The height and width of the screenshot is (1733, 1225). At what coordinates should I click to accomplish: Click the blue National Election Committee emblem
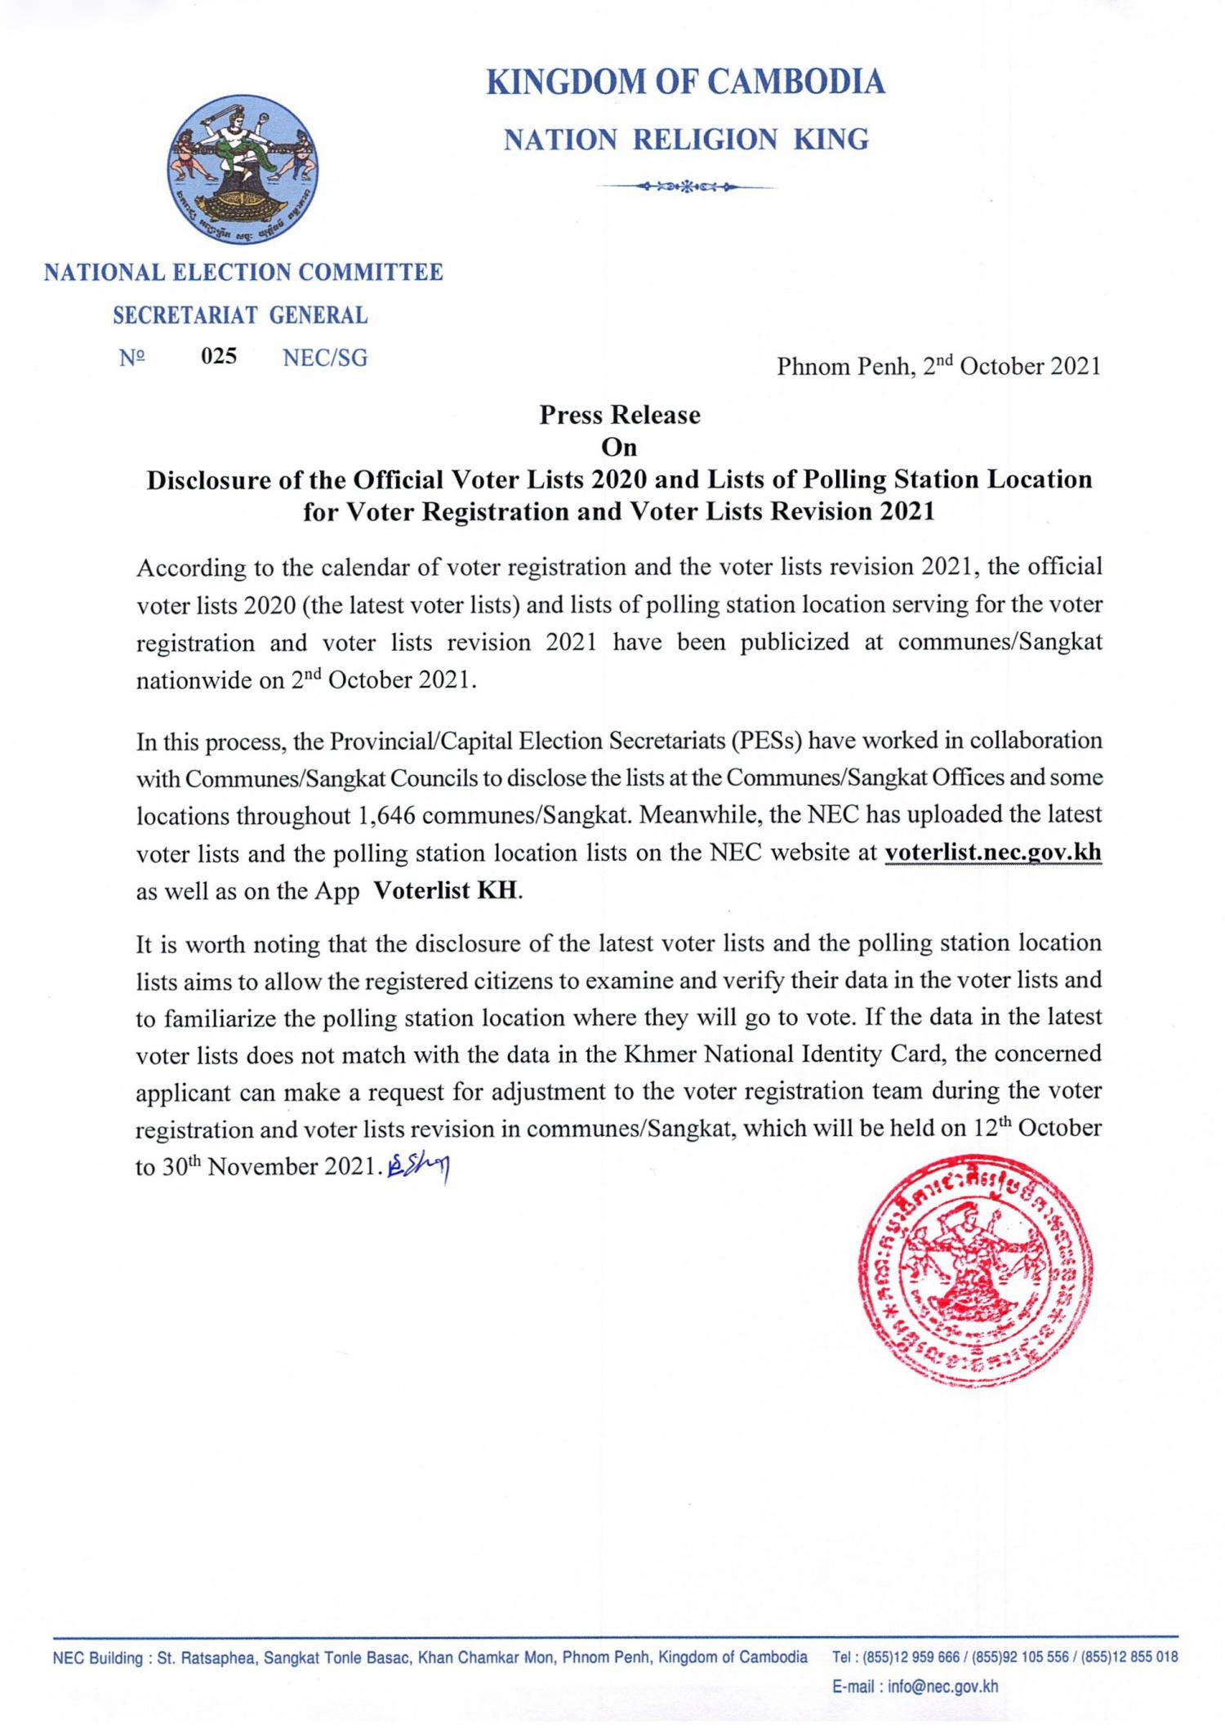243,171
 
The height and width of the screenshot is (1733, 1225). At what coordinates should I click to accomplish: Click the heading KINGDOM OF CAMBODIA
685,82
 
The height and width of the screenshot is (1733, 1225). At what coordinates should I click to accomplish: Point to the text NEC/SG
324,357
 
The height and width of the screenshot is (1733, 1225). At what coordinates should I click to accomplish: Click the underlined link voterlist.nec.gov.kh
993,853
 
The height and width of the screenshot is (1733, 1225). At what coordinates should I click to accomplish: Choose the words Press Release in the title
619,415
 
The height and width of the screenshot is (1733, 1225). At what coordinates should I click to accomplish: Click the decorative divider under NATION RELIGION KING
685,188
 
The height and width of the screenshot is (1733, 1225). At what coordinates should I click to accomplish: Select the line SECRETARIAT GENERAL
240,315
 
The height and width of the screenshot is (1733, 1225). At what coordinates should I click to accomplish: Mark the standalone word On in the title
618,447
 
